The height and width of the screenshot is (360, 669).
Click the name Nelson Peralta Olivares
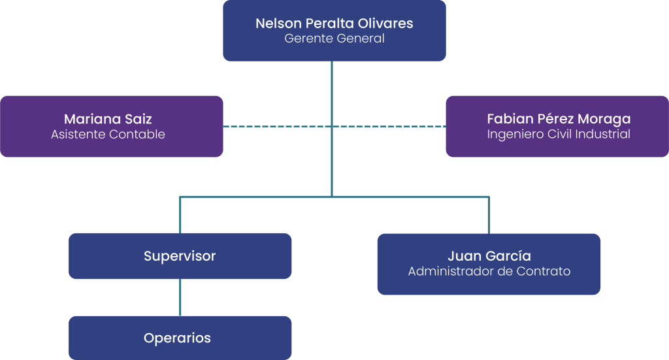334,24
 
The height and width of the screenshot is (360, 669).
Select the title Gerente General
334,39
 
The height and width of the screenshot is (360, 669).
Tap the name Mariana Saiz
108,119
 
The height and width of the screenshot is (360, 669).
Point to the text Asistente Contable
108,135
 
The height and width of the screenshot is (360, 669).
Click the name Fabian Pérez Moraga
559,119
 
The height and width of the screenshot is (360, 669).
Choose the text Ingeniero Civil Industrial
559,135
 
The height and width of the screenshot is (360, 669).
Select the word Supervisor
180,256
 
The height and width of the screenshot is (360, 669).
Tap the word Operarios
177,338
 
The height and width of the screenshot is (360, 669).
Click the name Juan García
489,255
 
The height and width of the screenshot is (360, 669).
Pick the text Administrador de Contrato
489,271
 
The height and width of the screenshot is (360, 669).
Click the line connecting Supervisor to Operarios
180,297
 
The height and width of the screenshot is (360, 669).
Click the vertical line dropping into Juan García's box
489,216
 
